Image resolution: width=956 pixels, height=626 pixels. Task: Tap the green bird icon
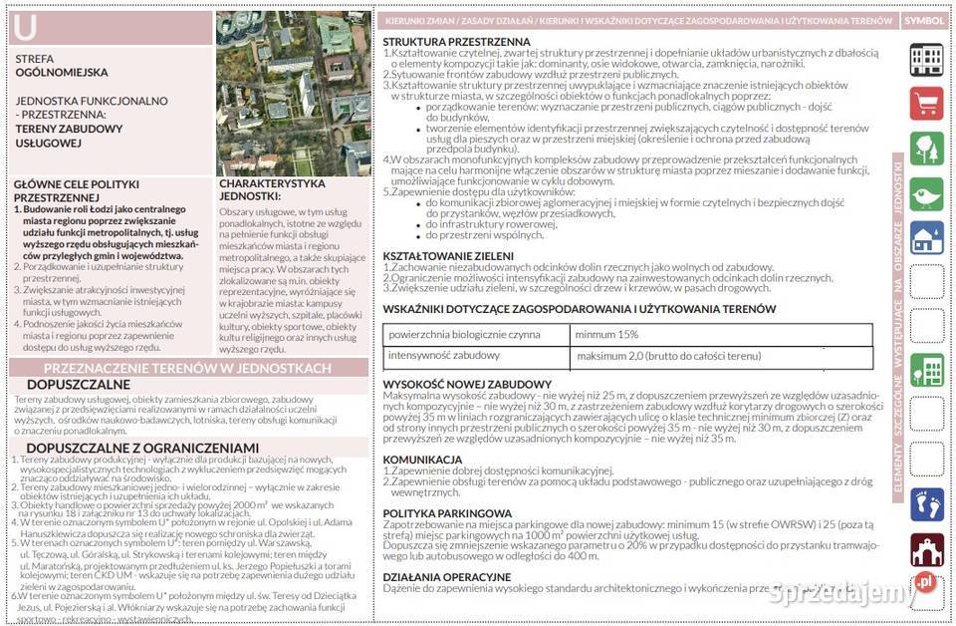point(926,192)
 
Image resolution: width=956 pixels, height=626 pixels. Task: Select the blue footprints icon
point(926,503)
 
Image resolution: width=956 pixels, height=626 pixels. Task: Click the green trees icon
point(926,149)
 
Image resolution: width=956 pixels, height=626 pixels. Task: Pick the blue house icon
point(926,237)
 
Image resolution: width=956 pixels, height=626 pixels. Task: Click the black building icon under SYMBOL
point(926,59)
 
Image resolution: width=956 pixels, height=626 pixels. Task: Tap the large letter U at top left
point(26,30)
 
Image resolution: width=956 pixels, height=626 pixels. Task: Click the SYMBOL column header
point(925,21)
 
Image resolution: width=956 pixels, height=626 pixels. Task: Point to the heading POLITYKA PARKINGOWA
point(447,513)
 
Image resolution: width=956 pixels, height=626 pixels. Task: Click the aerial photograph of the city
point(293,94)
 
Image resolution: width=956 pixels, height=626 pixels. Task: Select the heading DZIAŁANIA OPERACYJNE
point(447,577)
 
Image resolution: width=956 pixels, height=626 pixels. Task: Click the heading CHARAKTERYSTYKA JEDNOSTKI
point(272,190)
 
